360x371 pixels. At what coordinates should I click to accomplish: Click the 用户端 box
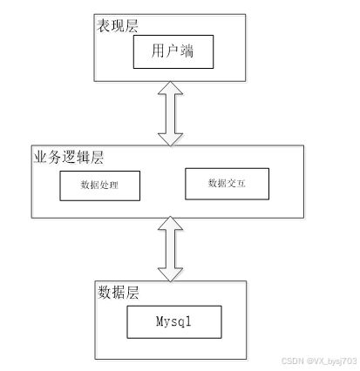(x=173, y=52)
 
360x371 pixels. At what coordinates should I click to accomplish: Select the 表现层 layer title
(x=118, y=25)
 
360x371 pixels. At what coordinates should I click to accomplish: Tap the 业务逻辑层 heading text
(x=69, y=158)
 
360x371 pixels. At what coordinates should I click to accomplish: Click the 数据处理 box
(x=100, y=185)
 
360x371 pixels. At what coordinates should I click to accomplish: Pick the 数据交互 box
(x=228, y=184)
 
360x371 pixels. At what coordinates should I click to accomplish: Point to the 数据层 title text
(x=119, y=293)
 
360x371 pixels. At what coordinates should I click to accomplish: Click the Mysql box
(x=174, y=322)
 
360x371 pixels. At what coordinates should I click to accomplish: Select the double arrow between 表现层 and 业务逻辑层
(x=171, y=113)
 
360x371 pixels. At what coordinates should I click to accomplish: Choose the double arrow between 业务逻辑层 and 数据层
(x=171, y=249)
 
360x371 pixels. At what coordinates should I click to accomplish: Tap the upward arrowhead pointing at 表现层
(x=171, y=88)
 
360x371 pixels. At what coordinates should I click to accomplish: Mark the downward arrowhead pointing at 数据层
(x=171, y=275)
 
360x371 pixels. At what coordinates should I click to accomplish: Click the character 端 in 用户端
(x=187, y=51)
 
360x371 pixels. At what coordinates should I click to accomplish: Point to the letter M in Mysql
(x=160, y=321)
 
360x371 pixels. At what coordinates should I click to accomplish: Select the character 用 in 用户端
(x=158, y=51)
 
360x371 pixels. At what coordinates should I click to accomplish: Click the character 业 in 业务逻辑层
(x=40, y=158)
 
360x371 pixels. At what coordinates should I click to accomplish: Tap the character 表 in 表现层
(x=104, y=25)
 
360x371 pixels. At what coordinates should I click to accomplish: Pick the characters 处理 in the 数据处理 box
(x=109, y=185)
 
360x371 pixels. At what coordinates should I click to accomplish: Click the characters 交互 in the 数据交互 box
(x=236, y=183)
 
